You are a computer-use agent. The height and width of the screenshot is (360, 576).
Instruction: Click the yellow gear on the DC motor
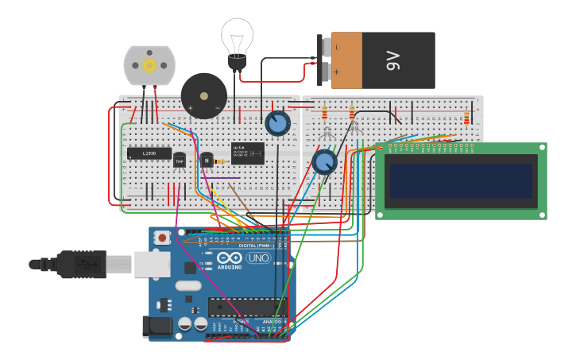click(x=149, y=65)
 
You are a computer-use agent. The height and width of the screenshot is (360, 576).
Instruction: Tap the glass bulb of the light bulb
click(x=237, y=36)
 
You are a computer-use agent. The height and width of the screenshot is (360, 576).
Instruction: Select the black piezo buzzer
click(x=203, y=95)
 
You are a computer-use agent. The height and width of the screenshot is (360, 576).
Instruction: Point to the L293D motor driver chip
click(x=149, y=153)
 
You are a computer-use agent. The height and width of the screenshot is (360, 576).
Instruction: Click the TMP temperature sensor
click(x=180, y=161)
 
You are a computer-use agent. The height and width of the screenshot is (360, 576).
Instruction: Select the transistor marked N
click(x=207, y=160)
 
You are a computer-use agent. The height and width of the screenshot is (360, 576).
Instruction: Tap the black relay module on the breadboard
click(x=248, y=153)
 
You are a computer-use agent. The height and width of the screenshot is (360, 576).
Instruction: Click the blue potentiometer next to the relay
click(x=276, y=123)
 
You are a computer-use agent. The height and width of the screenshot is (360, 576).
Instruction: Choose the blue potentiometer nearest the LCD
click(x=324, y=163)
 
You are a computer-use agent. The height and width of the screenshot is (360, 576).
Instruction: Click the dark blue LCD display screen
click(x=460, y=180)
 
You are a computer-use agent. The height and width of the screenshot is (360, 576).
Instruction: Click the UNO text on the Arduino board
click(x=258, y=258)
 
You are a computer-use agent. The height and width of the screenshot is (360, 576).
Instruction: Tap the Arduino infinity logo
click(x=230, y=258)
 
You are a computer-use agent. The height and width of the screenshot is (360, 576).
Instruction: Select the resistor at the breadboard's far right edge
click(x=466, y=118)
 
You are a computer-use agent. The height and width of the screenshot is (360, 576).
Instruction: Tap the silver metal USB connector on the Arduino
click(x=152, y=264)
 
